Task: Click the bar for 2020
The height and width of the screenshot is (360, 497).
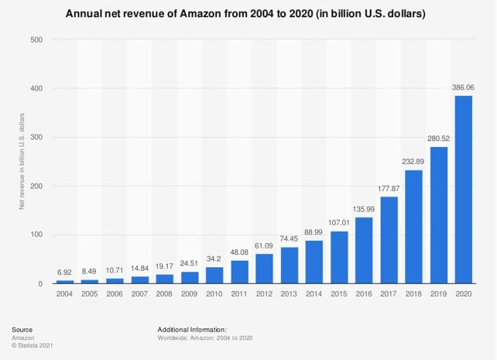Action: pyautogui.click(x=463, y=190)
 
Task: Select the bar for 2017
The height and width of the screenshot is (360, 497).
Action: pyautogui.click(x=389, y=240)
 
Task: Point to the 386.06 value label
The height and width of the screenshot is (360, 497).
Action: pyautogui.click(x=463, y=88)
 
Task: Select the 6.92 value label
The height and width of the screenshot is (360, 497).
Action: pyautogui.click(x=65, y=273)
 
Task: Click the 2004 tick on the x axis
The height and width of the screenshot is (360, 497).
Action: pyautogui.click(x=65, y=295)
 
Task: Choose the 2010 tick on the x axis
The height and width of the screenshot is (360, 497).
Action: pyautogui.click(x=214, y=295)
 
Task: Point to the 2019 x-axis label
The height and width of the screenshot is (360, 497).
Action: pyautogui.click(x=439, y=295)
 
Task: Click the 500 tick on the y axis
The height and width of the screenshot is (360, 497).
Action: pyautogui.click(x=37, y=39)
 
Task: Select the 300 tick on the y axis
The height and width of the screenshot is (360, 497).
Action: pyautogui.click(x=37, y=137)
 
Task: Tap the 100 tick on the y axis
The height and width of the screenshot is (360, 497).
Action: pyautogui.click(x=37, y=235)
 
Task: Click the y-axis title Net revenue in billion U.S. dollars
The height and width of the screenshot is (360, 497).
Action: pyautogui.click(x=22, y=161)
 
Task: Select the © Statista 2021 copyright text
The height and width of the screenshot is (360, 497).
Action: pyautogui.click(x=36, y=345)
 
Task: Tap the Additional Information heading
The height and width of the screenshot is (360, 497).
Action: pyautogui.click(x=192, y=329)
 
